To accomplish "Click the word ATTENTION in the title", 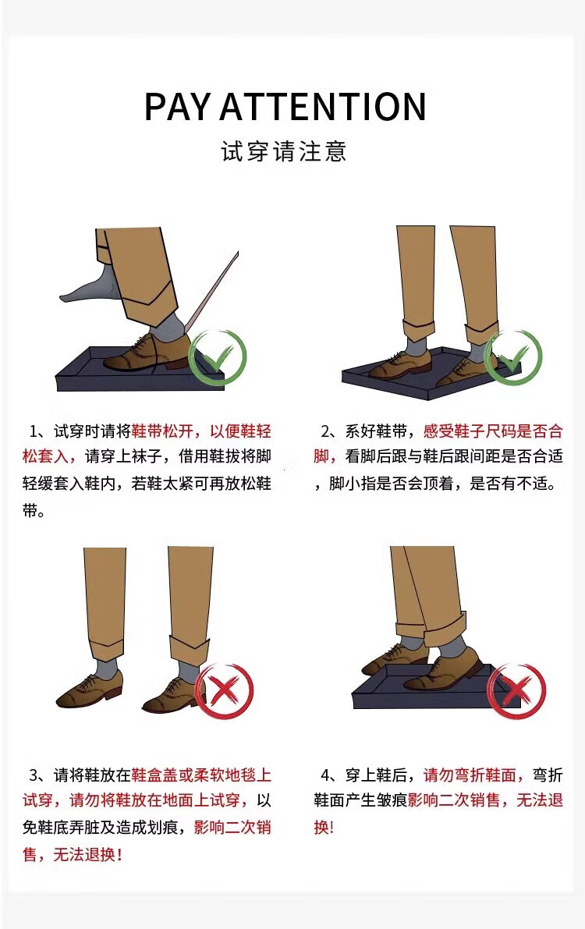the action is [x=323, y=107].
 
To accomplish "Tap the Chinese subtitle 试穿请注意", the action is [x=284, y=151].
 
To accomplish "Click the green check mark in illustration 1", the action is [x=217, y=357].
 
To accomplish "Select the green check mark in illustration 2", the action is [x=513, y=357].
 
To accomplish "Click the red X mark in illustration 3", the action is [x=224, y=691].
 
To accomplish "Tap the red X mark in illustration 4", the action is [x=516, y=691].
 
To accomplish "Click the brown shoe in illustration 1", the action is [x=146, y=353].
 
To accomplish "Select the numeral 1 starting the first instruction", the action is [x=34, y=431].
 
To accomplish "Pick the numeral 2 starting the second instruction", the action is [x=325, y=431].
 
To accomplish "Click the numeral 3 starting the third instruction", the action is [x=34, y=775].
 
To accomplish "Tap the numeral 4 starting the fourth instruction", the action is [x=325, y=775].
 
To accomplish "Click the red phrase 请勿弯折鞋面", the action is [x=470, y=775].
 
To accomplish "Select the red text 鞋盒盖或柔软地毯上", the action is [x=201, y=775].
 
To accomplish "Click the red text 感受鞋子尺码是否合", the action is [x=493, y=431].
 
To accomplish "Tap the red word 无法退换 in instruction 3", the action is [x=84, y=854].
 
